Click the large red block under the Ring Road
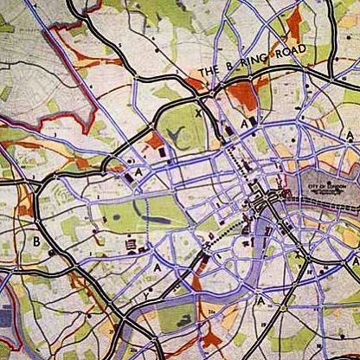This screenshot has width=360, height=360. point(245,95)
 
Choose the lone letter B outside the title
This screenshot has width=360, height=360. point(36,242)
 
